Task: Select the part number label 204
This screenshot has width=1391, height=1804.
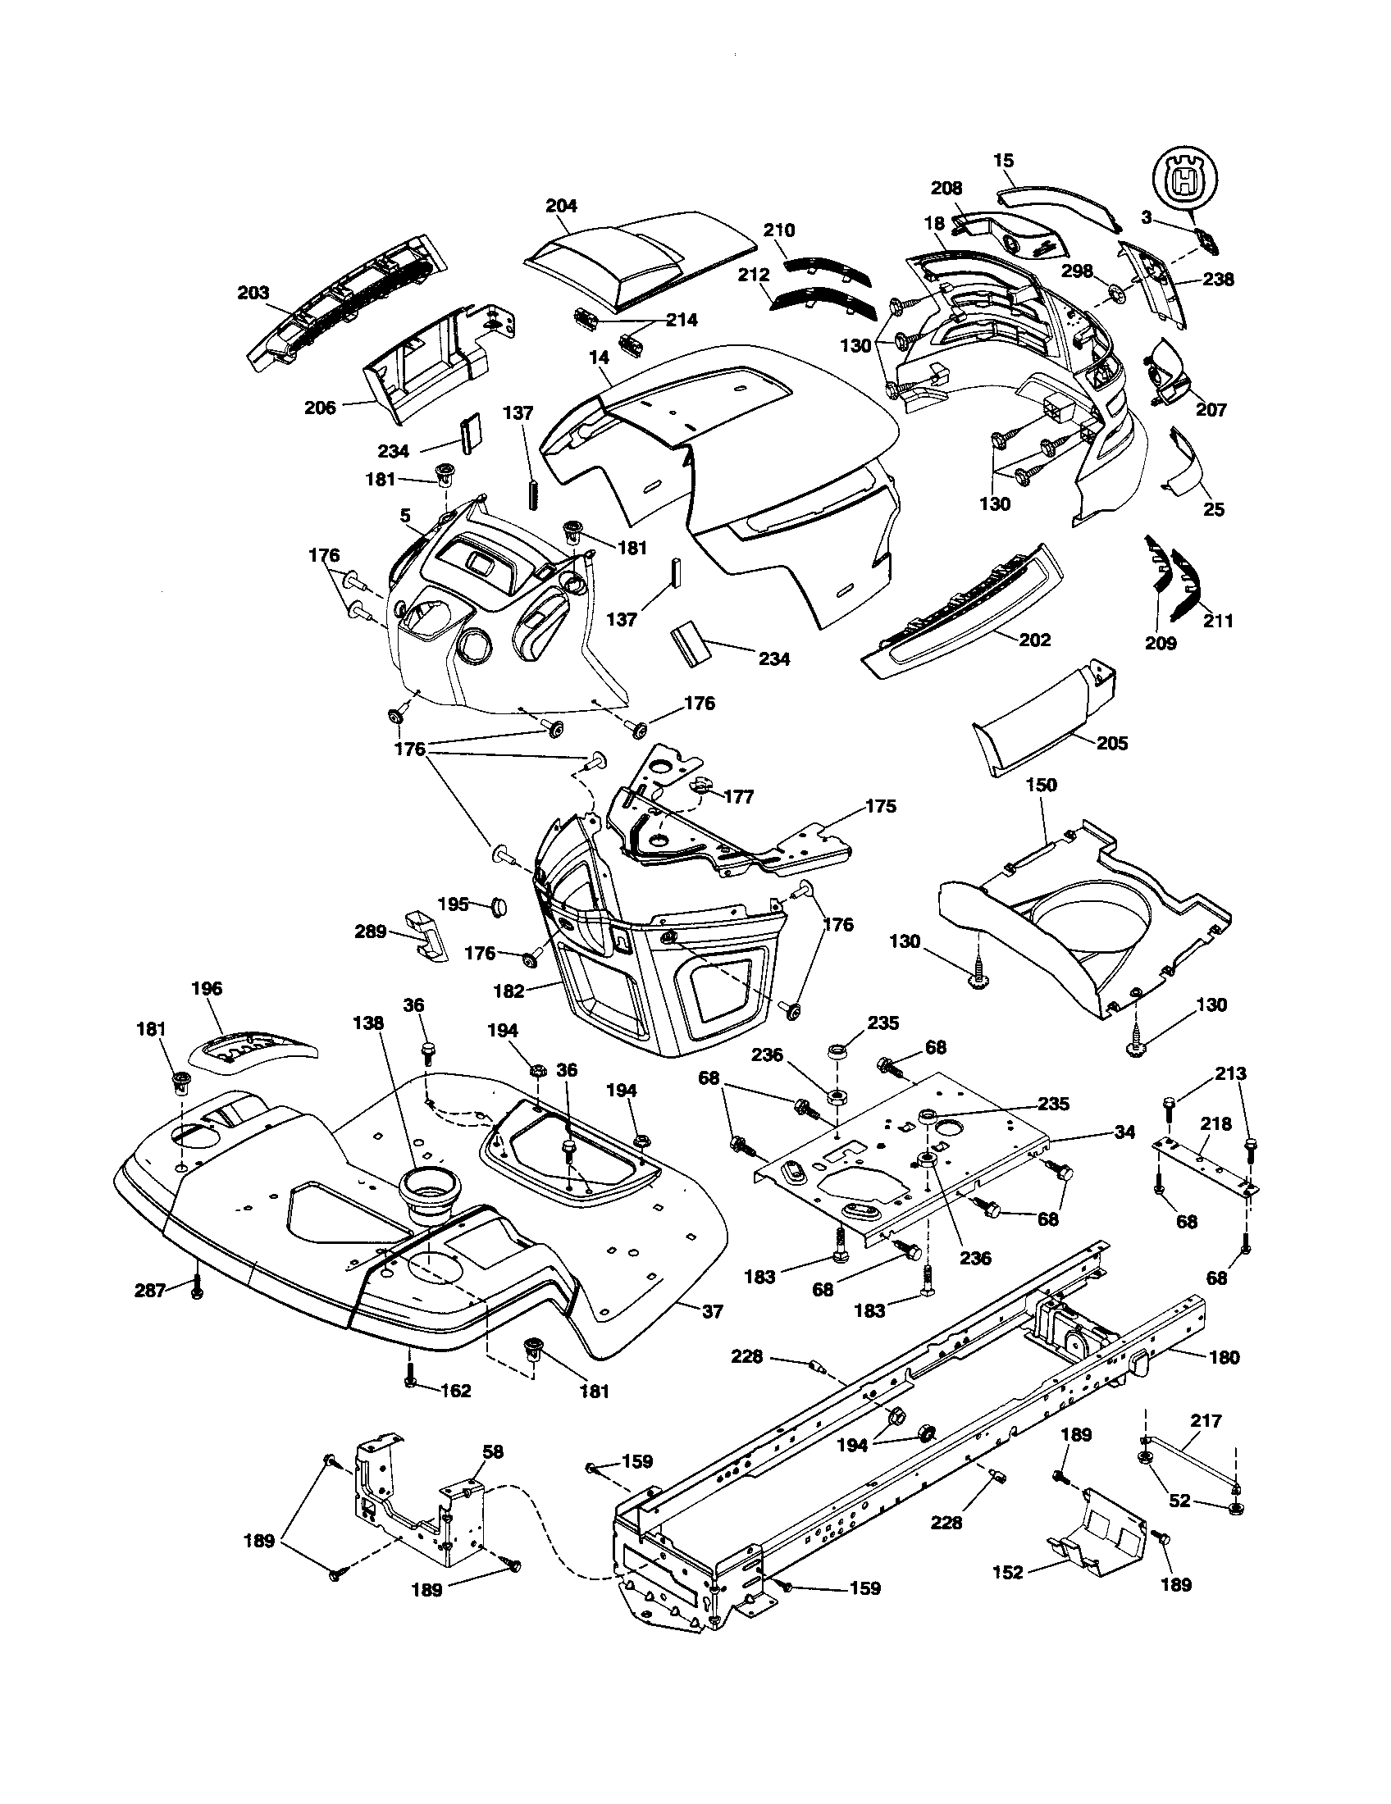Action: (562, 206)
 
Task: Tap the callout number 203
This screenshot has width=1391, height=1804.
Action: (253, 294)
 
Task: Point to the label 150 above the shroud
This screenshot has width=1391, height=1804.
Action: (1041, 785)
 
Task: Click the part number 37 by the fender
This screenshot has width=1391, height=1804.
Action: (712, 1311)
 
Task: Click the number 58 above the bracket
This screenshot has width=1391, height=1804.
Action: (492, 1452)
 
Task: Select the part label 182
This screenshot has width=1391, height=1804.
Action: (508, 991)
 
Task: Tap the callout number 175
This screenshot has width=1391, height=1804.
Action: (881, 806)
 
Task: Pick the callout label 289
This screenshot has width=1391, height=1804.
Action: (370, 932)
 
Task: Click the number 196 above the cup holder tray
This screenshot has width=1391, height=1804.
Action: (207, 988)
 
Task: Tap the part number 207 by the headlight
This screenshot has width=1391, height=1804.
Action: (1211, 410)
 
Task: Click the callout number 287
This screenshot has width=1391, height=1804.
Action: (151, 1289)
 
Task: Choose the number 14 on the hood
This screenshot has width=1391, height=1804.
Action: (599, 358)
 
